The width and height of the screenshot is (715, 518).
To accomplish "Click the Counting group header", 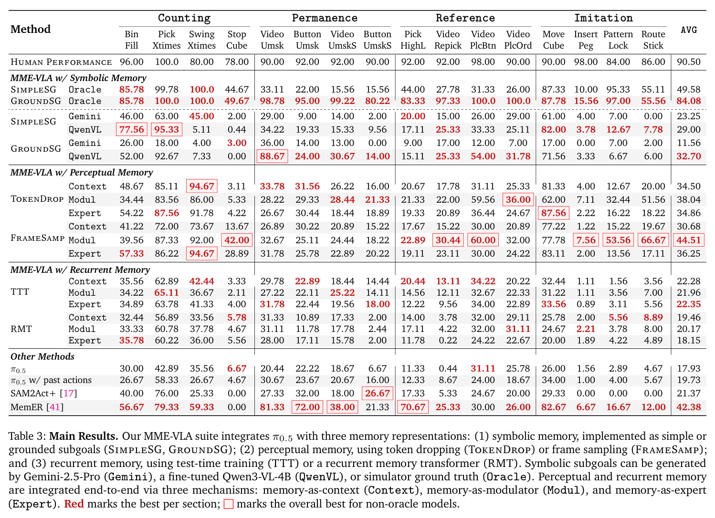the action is [184, 18].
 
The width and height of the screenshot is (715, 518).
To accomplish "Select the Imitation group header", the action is [603, 18].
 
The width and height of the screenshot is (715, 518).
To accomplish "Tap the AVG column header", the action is [688, 30].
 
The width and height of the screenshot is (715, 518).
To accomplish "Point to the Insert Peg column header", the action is [586, 40].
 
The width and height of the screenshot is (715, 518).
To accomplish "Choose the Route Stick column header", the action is [653, 40].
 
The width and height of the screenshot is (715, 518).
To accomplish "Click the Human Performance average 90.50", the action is [688, 62].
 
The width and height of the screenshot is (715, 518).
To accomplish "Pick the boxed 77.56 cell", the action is [132, 130].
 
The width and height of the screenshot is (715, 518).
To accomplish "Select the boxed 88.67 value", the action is [272, 156].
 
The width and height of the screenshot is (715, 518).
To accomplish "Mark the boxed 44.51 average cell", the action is [688, 240].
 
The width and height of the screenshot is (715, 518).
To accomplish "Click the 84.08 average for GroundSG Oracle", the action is [688, 101].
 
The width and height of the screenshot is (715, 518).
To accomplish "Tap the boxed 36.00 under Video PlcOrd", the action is [518, 200].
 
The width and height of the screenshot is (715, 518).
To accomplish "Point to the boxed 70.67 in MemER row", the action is [413, 407].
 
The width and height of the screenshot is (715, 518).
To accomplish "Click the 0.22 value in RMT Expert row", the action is [448, 341].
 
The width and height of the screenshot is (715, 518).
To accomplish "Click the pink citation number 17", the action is [69, 394].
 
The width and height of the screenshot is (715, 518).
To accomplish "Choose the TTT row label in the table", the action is [20, 292].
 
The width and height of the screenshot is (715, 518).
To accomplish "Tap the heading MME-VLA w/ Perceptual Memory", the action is [82, 173].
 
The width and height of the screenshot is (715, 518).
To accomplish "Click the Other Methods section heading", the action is [42, 356].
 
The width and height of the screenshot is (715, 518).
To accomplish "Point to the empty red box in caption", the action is [228, 504].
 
